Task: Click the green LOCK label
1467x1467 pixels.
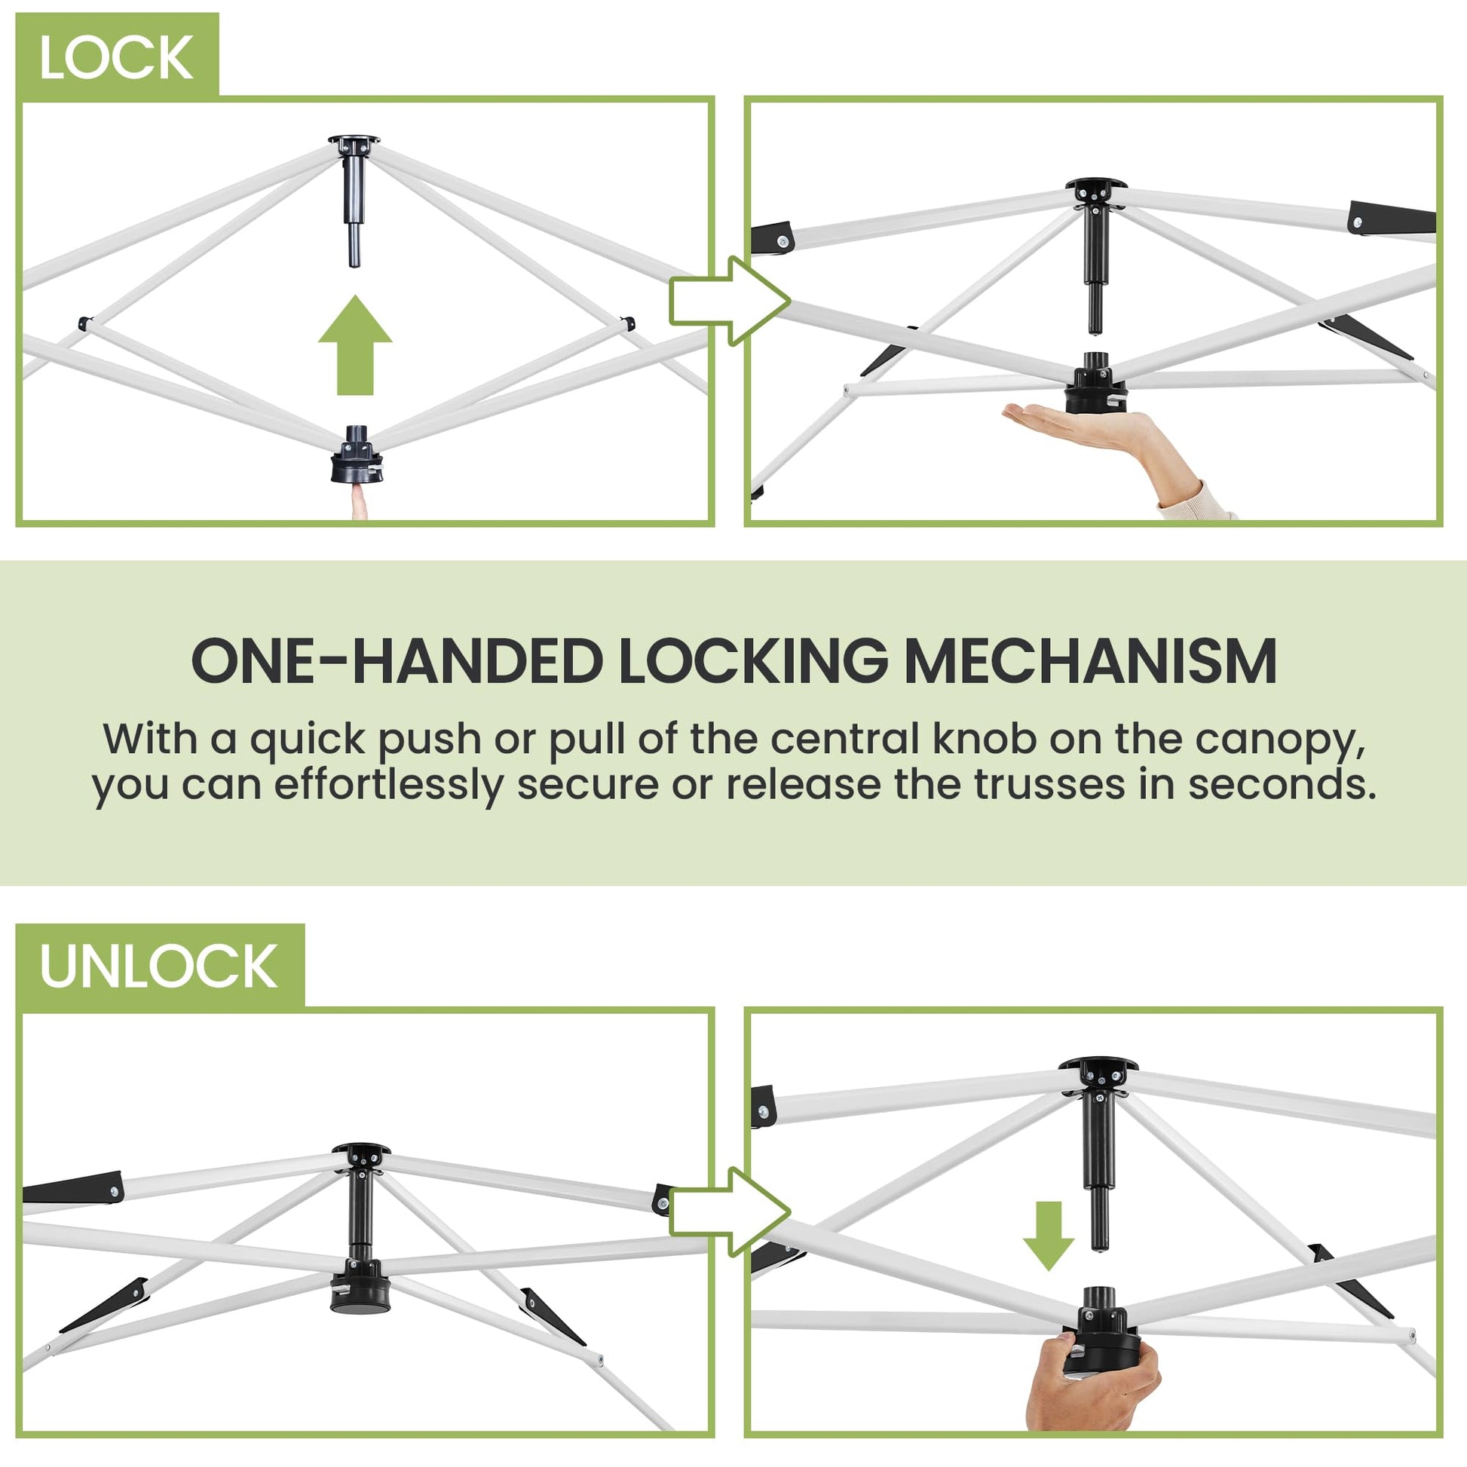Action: [117, 56]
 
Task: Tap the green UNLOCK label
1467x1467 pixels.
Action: [160, 966]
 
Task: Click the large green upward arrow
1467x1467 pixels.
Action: [355, 345]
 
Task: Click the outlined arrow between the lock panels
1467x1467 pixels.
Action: [730, 302]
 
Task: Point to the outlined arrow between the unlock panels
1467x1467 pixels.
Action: [730, 1212]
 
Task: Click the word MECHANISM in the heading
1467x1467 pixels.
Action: [1090, 661]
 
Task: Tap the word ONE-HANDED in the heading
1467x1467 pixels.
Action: [395, 661]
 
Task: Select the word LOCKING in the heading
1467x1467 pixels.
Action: [752, 661]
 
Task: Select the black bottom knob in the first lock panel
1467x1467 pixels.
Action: [354, 455]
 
